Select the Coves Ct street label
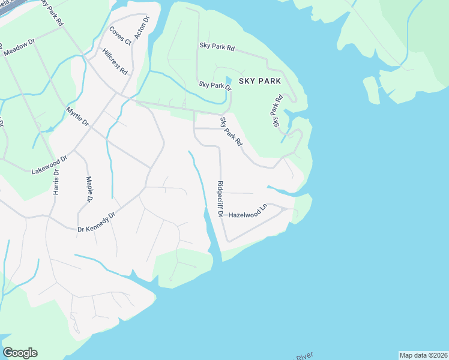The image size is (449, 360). pos(120,36)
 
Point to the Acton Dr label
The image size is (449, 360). pos(141,28)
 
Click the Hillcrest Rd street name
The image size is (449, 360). pos(115,61)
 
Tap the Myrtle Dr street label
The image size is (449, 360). pos(77,116)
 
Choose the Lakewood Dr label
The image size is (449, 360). pos(50,163)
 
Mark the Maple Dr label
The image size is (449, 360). pos(89,188)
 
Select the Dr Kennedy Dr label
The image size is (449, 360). pos(96,221)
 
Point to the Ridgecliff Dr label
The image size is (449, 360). pos(220,199)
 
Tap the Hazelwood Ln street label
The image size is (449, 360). pos(247,213)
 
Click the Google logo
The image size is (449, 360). pos(20,353)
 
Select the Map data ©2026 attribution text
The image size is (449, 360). pos(423,355)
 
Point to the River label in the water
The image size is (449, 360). pos(304,357)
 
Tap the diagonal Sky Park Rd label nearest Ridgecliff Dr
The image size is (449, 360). pos(231,132)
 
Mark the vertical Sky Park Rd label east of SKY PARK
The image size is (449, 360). pos(277,111)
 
